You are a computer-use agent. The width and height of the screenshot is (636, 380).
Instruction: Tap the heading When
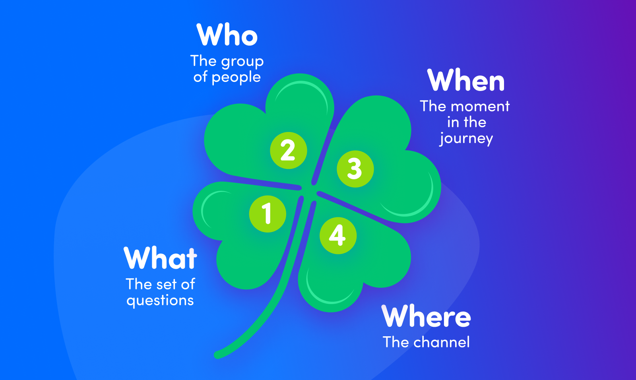pos(466,81)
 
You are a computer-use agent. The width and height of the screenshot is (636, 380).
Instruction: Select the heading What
pos(160,258)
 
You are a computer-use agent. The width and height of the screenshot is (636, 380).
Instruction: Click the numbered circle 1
pos(268,214)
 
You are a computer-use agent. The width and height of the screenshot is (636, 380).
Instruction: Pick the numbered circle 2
pos(288,150)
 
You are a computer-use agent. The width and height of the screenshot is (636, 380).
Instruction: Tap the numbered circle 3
pos(355,169)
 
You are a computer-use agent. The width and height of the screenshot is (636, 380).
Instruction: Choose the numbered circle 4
pos(338,235)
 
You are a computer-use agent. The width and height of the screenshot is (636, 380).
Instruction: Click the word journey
pos(466,139)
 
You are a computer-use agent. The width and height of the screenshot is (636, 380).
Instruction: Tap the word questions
pos(160,301)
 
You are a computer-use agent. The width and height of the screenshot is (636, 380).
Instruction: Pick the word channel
pos(441,342)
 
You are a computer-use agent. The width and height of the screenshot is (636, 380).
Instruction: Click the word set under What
pos(167,285)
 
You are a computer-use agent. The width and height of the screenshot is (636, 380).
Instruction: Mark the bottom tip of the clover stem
pos(218,354)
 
